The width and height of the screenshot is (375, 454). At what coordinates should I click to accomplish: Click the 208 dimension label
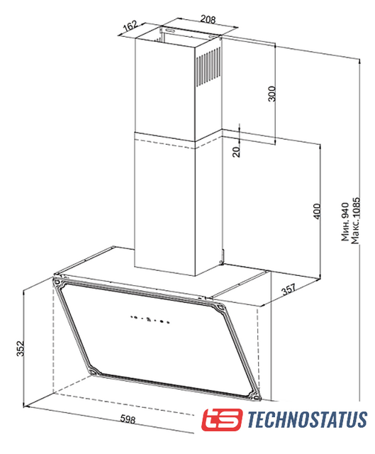(x=208, y=19)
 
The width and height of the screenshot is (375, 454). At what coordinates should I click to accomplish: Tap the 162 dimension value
(x=130, y=26)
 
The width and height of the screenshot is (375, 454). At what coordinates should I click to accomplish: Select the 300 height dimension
(x=272, y=94)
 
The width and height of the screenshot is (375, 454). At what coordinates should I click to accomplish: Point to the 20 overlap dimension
(x=236, y=151)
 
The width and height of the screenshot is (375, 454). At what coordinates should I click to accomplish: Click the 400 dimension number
(x=317, y=211)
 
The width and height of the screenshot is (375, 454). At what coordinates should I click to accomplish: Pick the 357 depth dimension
(x=289, y=289)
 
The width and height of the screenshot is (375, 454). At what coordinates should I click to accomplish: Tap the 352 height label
(x=20, y=348)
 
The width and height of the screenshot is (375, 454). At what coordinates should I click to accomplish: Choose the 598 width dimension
(x=128, y=419)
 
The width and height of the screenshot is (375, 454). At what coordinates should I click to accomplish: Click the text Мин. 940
(x=345, y=222)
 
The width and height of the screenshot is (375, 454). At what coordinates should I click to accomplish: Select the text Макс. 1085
(x=355, y=221)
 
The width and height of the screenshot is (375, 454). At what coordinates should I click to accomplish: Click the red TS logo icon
(x=222, y=419)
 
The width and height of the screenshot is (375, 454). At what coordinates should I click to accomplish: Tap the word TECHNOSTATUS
(x=308, y=419)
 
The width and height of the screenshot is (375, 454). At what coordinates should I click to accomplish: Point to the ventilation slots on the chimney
(x=208, y=67)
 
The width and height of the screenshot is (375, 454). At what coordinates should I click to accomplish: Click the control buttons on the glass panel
(x=150, y=319)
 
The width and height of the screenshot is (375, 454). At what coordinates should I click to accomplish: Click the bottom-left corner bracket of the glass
(x=94, y=370)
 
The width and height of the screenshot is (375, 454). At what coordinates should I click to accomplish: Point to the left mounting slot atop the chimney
(x=170, y=30)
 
